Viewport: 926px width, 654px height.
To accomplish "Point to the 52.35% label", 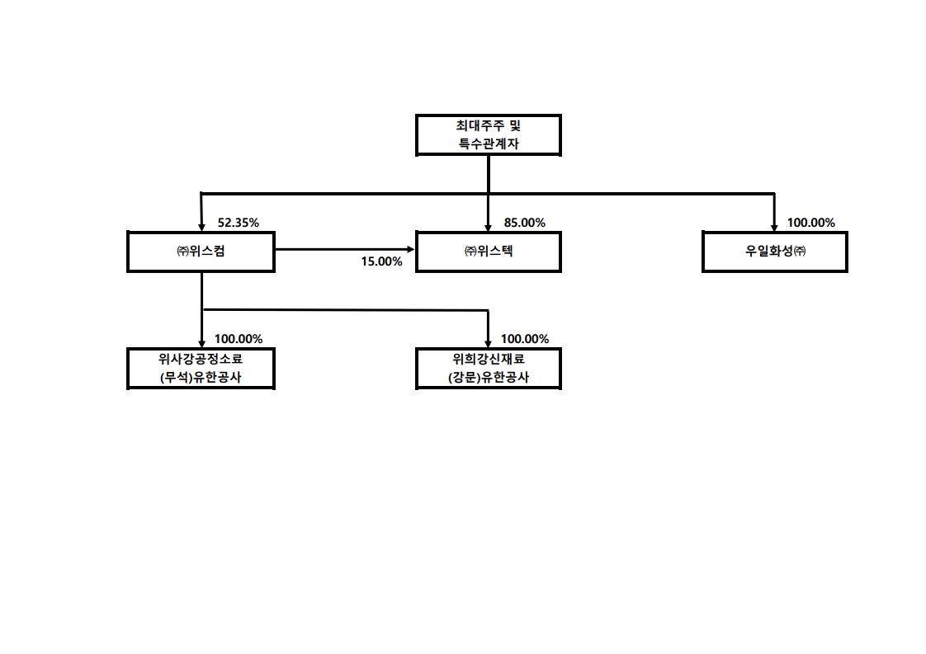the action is click(x=238, y=223).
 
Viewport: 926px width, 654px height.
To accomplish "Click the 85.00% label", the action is click(x=524, y=223).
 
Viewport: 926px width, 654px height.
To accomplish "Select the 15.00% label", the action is click(x=381, y=261).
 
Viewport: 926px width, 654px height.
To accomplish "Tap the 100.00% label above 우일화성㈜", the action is click(x=810, y=223).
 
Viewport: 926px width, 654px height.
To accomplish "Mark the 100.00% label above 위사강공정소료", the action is click(x=238, y=339).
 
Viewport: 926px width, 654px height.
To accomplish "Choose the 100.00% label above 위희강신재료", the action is click(x=524, y=339).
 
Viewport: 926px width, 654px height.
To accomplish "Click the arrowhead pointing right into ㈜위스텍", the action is click(x=411, y=250).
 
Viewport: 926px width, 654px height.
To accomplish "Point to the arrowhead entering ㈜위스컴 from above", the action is click(x=201, y=228).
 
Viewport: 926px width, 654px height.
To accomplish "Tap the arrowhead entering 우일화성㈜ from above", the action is click(x=774, y=228).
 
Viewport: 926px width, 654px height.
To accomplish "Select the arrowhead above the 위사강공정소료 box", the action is click(x=201, y=344).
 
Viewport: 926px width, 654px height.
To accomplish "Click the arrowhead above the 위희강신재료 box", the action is click(x=488, y=344).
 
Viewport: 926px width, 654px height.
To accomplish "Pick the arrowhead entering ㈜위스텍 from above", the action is click(x=488, y=228).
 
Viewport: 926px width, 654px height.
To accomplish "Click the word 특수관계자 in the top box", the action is click(x=489, y=144).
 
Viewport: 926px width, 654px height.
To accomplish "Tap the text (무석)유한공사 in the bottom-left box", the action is click(x=201, y=377).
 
